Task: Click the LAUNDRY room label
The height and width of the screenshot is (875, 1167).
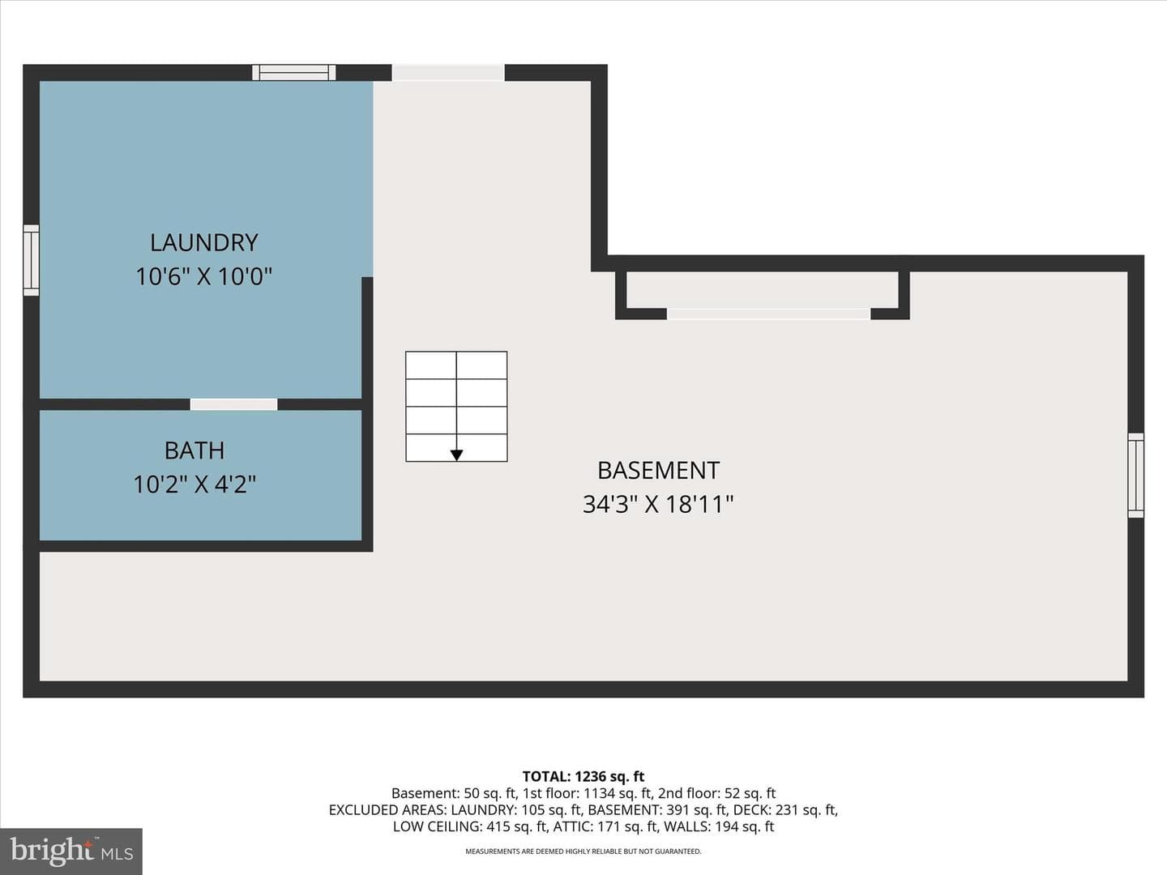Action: point(204,243)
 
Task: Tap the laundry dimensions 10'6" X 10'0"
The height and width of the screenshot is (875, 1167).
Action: point(204,277)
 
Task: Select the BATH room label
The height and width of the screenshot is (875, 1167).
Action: point(194,450)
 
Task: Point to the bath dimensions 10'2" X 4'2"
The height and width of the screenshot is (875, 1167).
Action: point(194,484)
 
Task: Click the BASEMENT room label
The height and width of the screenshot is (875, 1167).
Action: point(659,471)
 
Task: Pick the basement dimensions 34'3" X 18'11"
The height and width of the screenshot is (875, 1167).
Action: point(658,504)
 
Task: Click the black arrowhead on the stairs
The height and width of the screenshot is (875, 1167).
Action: point(456,455)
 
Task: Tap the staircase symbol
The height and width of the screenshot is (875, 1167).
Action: point(456,407)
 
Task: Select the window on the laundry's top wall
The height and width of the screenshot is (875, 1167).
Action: point(294,72)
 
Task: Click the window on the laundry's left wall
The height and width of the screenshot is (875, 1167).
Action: point(32,260)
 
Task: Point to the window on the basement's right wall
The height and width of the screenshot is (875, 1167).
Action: point(1136,475)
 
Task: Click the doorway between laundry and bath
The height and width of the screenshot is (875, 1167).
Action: point(234,404)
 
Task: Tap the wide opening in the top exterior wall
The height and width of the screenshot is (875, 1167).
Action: point(448,72)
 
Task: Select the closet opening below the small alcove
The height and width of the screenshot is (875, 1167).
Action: point(769,314)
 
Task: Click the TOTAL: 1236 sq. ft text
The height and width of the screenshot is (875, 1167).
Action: point(583,777)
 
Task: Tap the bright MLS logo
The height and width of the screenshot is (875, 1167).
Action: point(71,852)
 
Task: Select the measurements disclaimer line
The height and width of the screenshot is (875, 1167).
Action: point(583,851)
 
